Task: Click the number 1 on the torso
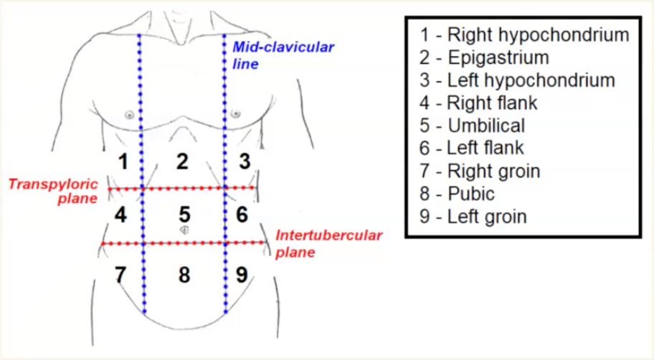124,161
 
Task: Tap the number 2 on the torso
183,161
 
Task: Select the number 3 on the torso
245,161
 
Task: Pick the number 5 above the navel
184,214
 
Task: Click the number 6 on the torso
242,214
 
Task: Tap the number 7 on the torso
120,274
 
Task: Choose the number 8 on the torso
184,275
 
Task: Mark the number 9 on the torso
242,274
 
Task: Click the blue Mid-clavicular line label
283,55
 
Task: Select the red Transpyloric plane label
53,191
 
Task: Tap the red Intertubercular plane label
328,243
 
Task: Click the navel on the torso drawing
184,229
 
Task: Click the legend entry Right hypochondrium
524,34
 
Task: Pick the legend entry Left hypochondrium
517,80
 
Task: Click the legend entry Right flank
478,103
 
